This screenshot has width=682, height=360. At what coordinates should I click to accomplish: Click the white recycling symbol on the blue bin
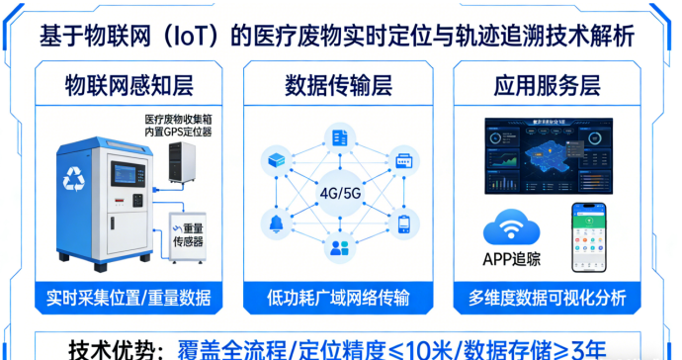click(75, 178)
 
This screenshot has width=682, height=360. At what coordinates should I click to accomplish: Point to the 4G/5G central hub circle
click(340, 192)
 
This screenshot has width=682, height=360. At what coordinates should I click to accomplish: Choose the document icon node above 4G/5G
click(340, 137)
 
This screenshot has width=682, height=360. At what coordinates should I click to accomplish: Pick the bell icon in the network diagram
click(275, 223)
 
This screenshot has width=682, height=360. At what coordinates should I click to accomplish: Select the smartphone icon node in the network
click(403, 224)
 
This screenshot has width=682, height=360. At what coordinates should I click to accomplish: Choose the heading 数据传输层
click(340, 84)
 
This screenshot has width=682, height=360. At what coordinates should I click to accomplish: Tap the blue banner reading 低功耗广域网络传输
click(340, 298)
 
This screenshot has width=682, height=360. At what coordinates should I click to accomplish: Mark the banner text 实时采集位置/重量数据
click(128, 298)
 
